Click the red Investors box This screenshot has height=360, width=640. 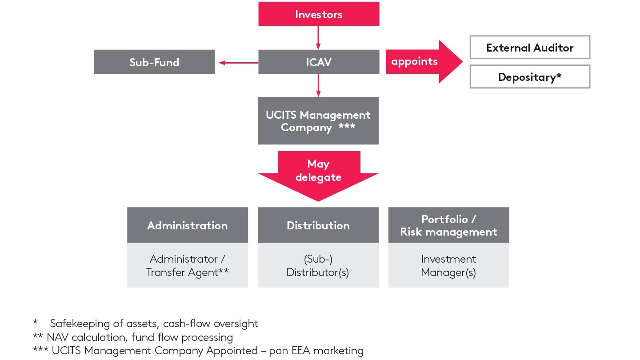click(319, 14)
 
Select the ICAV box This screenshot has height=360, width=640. click(318, 62)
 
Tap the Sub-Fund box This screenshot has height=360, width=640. click(154, 62)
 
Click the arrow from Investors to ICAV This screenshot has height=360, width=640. click(318, 38)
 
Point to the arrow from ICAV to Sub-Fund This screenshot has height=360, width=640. click(238, 63)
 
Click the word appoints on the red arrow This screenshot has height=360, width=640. click(414, 61)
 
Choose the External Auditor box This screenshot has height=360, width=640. click(530, 48)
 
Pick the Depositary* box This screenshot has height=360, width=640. click(530, 77)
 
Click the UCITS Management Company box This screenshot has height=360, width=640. click(318, 121)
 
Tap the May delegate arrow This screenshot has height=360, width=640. click(318, 173)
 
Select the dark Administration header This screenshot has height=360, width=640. click(187, 225)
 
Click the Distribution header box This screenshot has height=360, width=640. click(318, 225)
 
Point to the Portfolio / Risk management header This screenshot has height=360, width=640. click(448, 225)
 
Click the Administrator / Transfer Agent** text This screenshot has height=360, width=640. click(187, 265)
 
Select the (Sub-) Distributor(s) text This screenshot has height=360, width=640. click(317, 265)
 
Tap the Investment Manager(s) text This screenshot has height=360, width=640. click(448, 265)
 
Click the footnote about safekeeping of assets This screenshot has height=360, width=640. click(153, 324)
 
